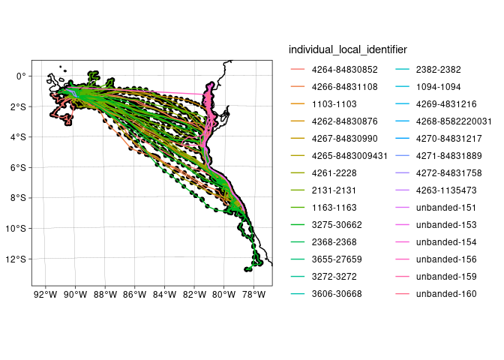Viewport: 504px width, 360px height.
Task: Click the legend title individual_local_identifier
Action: click(x=347, y=49)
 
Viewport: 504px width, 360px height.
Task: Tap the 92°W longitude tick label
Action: click(x=46, y=293)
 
